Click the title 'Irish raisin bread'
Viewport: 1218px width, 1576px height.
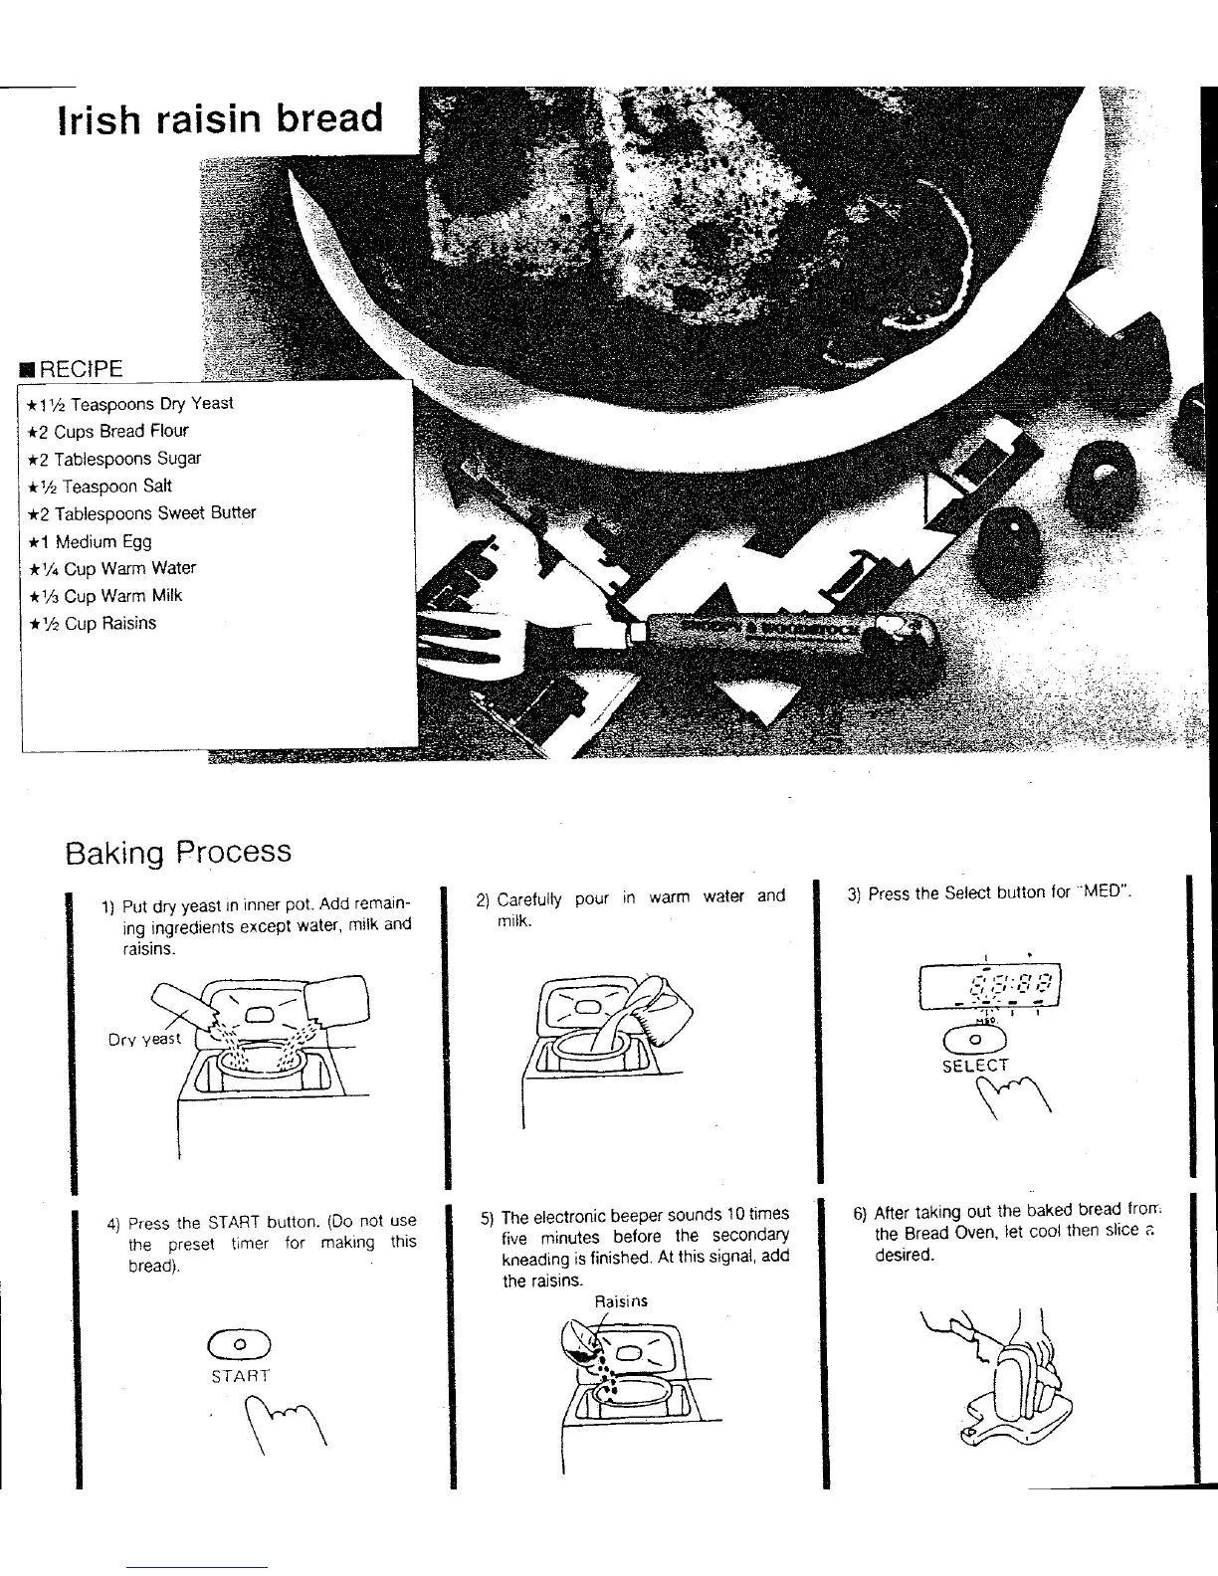(x=220, y=119)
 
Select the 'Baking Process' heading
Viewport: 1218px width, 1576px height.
(x=178, y=853)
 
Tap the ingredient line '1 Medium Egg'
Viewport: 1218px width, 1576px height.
(x=103, y=541)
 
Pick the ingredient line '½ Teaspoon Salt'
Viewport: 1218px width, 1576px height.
(x=114, y=486)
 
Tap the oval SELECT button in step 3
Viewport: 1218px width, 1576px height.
(x=976, y=1040)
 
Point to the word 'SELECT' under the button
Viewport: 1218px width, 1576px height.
(x=975, y=1066)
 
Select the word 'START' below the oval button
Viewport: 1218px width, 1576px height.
(x=240, y=1376)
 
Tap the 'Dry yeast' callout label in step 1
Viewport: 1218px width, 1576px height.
(x=144, y=1039)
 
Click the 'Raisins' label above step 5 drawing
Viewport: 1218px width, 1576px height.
(x=620, y=1301)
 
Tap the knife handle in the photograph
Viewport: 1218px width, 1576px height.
(x=786, y=633)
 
